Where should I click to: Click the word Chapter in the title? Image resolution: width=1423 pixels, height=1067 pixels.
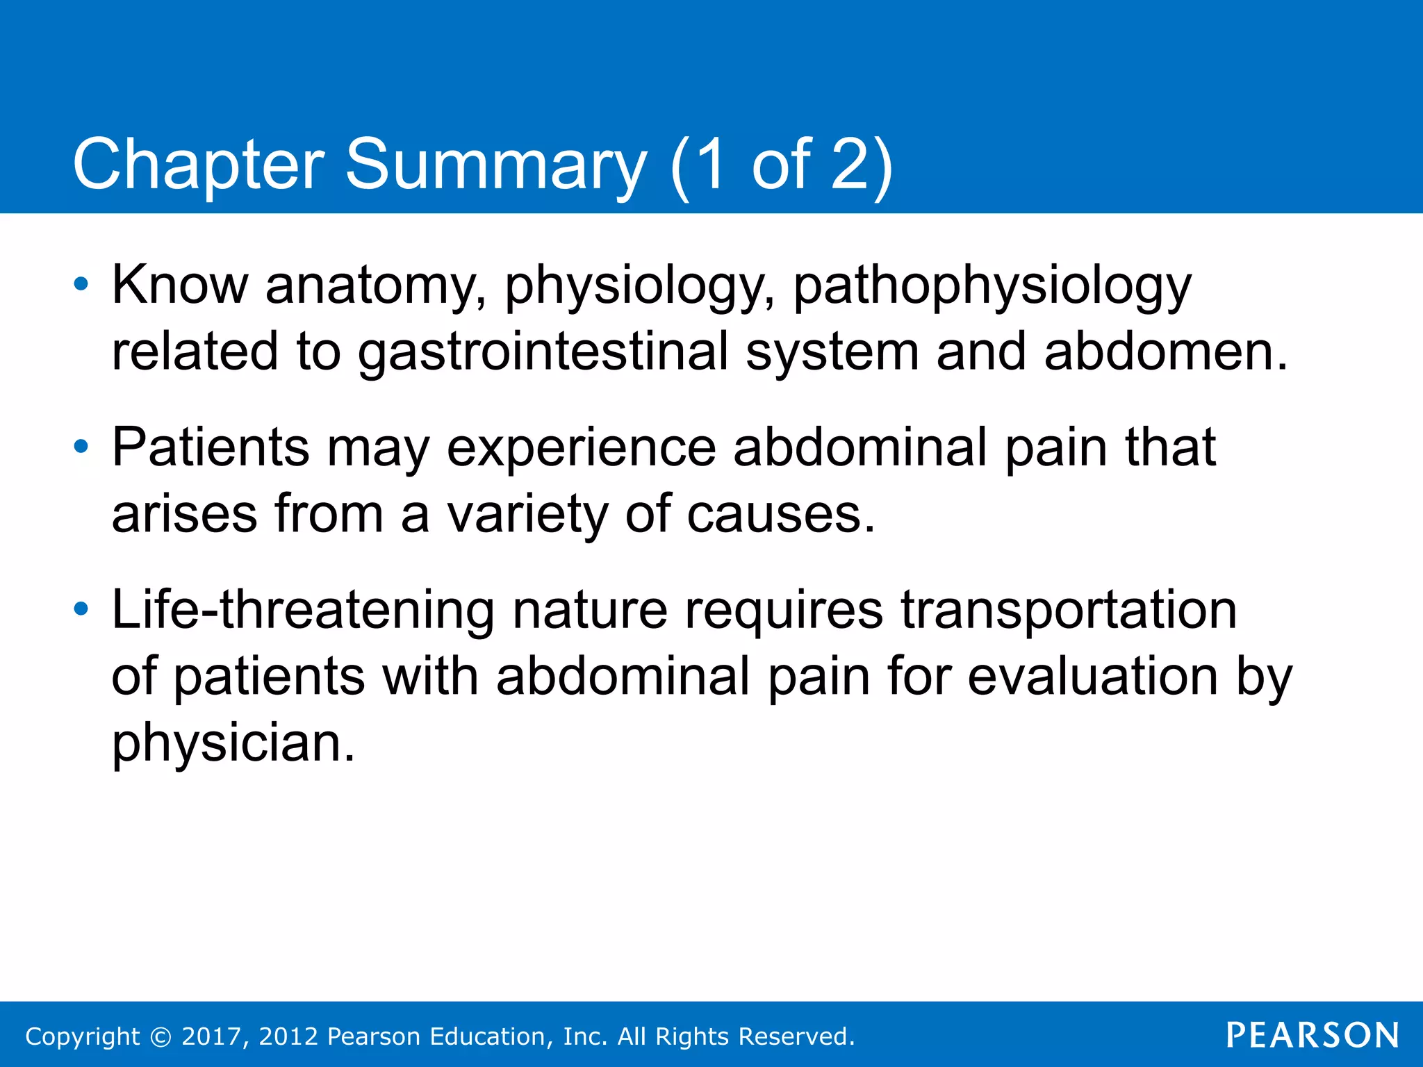198,165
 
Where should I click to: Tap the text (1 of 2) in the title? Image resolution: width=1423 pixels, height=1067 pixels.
781,164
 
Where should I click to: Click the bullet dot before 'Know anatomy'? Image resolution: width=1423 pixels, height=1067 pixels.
81,284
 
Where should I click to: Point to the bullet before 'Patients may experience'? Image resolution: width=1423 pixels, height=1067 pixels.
81,447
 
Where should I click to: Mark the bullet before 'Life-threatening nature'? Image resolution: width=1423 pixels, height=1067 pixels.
81,609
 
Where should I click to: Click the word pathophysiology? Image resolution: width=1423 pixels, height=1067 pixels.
992,286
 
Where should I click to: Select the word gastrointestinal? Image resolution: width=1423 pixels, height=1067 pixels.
543,351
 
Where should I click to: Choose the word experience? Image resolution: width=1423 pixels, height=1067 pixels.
581,449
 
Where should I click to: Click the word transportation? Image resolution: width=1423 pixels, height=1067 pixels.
1069,609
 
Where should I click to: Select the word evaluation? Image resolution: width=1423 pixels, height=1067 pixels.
1092,676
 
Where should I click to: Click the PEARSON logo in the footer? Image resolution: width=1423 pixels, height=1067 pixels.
1312,1035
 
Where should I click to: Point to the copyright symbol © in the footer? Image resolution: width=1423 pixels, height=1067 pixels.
161,1036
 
